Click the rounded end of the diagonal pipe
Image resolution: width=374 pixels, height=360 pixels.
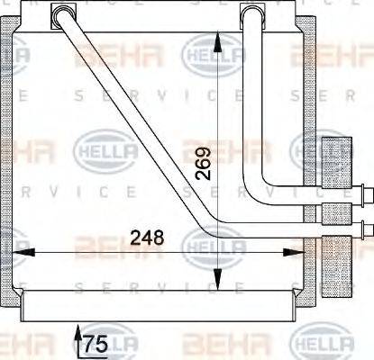point(63,14)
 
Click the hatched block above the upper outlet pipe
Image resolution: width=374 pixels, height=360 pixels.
point(337,159)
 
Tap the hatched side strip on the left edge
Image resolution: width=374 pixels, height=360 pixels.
point(13,162)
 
